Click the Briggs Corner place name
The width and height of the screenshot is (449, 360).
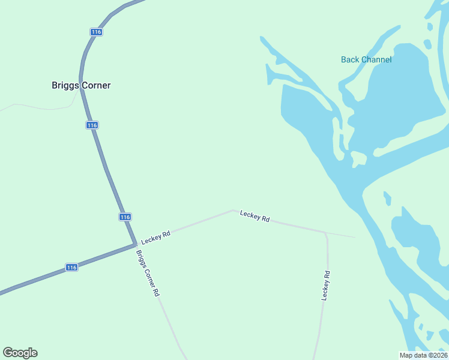click(x=81, y=85)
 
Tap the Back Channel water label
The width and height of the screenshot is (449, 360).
click(x=366, y=59)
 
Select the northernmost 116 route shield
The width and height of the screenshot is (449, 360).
click(x=96, y=32)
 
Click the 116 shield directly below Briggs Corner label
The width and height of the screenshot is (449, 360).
click(x=91, y=125)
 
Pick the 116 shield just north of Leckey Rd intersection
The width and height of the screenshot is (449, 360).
click(x=124, y=217)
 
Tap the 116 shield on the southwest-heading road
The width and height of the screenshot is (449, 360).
click(x=71, y=267)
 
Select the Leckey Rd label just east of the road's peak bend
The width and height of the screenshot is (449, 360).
click(x=255, y=216)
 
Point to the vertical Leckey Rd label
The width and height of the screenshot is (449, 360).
click(x=325, y=286)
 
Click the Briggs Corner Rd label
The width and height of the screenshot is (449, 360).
click(x=147, y=272)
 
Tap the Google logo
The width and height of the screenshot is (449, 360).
click(x=20, y=353)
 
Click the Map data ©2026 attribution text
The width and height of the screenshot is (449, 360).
click(x=423, y=355)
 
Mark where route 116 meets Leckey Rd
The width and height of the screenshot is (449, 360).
click(x=134, y=244)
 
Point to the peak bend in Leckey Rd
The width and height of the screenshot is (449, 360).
click(x=233, y=210)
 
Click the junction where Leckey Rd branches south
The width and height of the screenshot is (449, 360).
click(x=325, y=233)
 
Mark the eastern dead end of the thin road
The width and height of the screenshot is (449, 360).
click(x=354, y=237)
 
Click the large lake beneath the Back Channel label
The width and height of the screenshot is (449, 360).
click(x=396, y=96)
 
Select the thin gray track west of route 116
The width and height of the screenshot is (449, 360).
click(x=36, y=107)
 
